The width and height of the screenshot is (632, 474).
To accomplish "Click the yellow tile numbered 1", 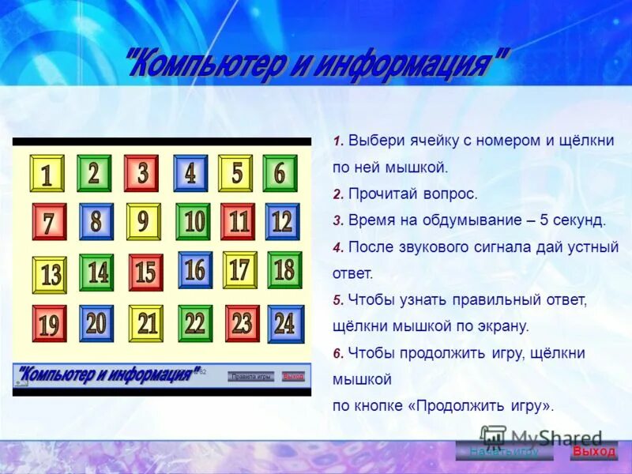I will point(47,174).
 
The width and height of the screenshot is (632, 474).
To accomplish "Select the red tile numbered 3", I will point(141,173).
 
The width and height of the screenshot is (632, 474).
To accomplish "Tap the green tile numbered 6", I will point(280,172).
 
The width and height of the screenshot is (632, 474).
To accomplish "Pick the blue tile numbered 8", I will point(96,222).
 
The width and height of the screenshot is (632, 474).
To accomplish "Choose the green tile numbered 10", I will point(194,222).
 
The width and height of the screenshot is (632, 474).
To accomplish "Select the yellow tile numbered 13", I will point(50,275).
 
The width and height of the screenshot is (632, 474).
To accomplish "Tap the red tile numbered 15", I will point(145,273).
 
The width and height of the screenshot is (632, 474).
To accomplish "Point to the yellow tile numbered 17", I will point(239,269).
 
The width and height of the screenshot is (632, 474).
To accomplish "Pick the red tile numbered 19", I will point(49,324).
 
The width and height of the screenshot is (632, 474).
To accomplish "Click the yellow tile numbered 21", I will point(146,323).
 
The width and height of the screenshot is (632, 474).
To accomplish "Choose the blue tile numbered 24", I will point(285,323).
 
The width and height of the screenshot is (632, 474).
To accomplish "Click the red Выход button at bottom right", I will point(593,451).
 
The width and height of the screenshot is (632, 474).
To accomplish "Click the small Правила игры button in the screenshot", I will point(251,377).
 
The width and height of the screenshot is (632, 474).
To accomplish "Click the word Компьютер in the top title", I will point(203,64).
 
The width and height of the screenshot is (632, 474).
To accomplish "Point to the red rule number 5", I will point(337,300).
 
